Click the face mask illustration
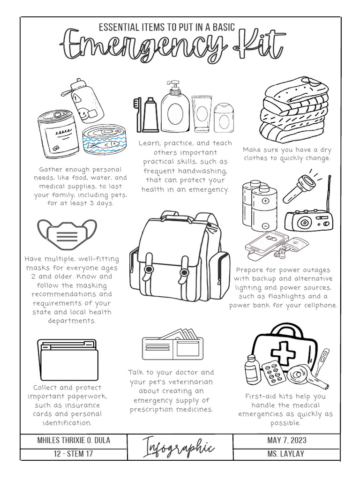tap(67, 234)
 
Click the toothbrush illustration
tap(138, 114)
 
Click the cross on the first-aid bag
tap(284, 352)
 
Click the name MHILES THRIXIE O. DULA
tap(74, 441)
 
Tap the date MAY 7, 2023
tap(286, 441)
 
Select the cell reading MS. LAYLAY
tap(286, 454)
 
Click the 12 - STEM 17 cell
tap(74, 454)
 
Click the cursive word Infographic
tap(179, 448)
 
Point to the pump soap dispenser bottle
tap(175, 108)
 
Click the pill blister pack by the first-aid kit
tap(273, 373)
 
